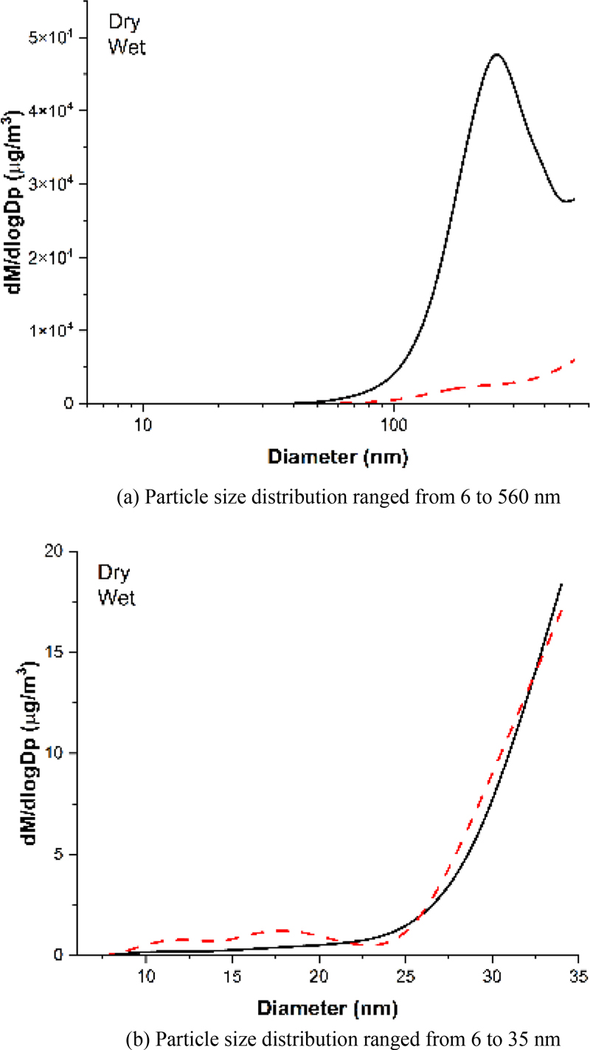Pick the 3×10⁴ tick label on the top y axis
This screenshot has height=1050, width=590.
pos(57,184)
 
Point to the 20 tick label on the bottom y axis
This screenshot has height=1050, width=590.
pos(71,552)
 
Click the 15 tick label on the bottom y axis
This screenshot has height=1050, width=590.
pos(71,653)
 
